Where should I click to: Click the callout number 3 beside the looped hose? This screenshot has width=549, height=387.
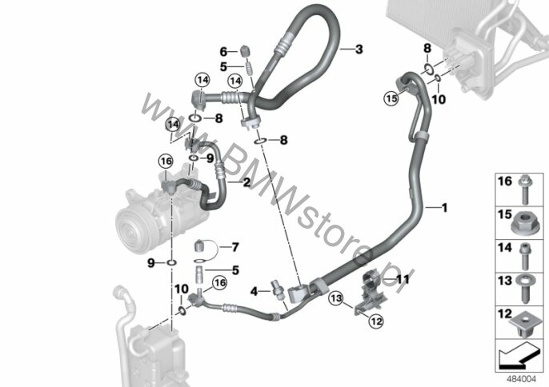[x=359, y=49]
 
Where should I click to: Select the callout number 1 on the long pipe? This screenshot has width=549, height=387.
[x=445, y=208]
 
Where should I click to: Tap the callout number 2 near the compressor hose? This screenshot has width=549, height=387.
[x=246, y=182]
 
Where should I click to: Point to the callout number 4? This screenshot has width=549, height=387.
[x=254, y=291]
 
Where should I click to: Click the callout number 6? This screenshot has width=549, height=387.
[x=223, y=52]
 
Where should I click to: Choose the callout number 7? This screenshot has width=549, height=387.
[x=235, y=247]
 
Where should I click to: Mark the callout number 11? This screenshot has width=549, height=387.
[x=403, y=279]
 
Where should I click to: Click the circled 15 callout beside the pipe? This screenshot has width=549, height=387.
[x=391, y=98]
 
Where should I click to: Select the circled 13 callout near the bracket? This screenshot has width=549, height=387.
[x=336, y=298]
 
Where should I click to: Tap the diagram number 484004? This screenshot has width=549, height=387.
[x=521, y=378]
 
